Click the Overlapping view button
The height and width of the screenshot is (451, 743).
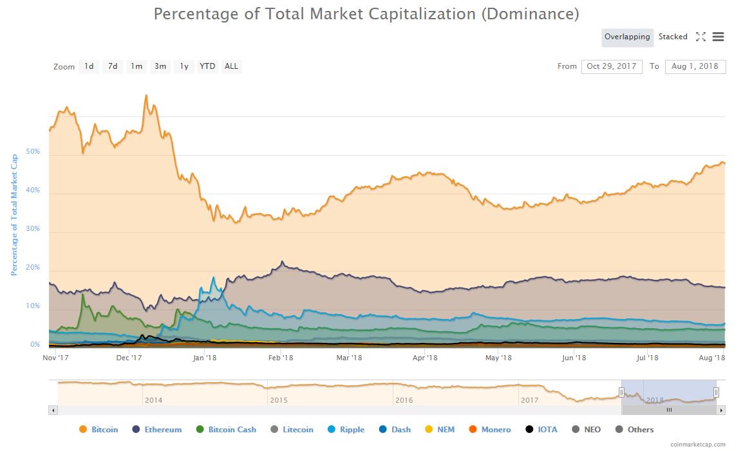627,37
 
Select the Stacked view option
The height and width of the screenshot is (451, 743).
673,37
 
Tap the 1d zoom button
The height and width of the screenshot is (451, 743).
89,66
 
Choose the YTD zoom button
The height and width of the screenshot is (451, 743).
207,66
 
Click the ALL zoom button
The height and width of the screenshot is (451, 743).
231,66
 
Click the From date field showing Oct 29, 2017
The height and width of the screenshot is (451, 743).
611,66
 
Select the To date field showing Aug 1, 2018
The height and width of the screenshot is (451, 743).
696,66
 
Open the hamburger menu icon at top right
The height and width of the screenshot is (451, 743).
718,37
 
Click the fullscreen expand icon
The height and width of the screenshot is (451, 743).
701,37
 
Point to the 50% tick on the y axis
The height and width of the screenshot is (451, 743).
33,152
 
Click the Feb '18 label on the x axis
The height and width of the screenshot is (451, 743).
281,358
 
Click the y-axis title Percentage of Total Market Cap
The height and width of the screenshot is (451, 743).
14,215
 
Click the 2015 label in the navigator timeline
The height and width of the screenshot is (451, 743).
279,400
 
